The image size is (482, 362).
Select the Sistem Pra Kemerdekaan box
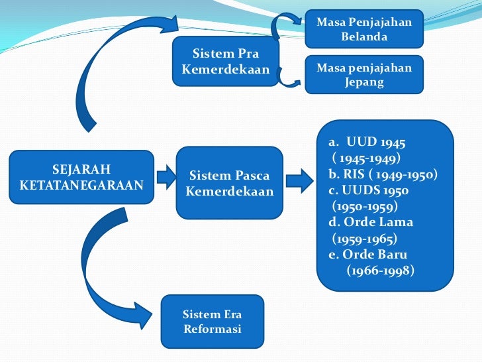(x=225, y=62)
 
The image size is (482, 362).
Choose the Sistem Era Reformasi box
(x=212, y=321)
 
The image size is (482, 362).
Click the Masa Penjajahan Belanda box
(x=363, y=29)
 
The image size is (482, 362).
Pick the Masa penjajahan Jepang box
(x=363, y=76)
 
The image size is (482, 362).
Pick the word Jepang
(x=363, y=83)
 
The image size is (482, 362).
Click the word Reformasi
(x=212, y=329)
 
